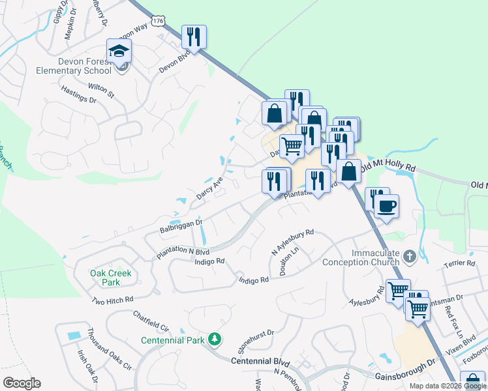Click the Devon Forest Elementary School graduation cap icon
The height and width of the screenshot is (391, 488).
coord(119,50)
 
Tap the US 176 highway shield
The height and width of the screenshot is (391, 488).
coord(157,21)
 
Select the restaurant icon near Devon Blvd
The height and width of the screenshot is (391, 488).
coord(194,36)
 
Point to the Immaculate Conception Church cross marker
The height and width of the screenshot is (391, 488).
coord(409,256)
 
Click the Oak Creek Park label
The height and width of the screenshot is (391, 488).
coord(106,278)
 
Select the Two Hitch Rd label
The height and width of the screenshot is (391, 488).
coord(112,300)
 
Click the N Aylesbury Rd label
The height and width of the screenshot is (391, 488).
coord(293,241)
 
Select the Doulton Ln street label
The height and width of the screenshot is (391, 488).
coord(288,263)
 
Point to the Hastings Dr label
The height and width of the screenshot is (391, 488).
coord(78,95)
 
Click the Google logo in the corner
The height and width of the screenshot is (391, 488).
coord(22,383)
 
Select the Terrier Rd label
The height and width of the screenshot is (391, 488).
coord(459,263)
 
